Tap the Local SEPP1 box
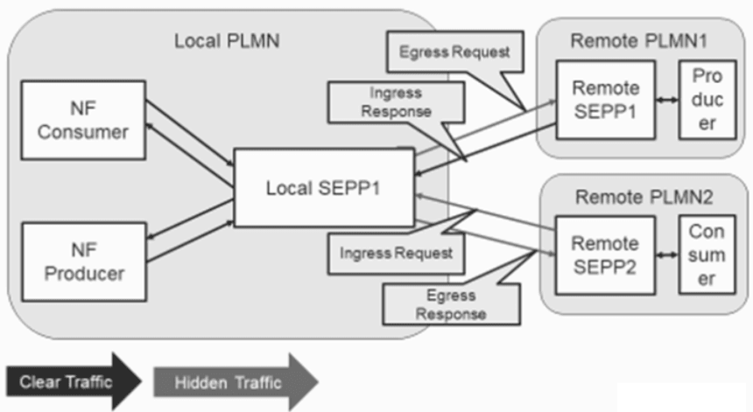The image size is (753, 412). (321, 189)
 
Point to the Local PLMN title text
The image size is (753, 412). (225, 41)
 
